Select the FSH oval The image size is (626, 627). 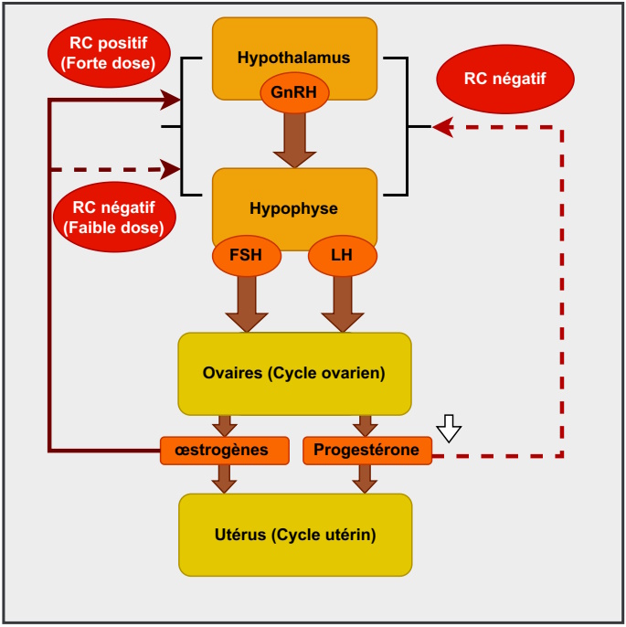click(x=246, y=255)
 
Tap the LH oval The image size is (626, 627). click(x=342, y=255)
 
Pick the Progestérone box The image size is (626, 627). click(x=366, y=450)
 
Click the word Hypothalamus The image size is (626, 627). click(x=293, y=58)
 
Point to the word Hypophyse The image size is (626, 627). click(x=293, y=208)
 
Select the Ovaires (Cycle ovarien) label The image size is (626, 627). click(x=293, y=373)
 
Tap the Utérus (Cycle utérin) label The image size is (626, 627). click(x=293, y=535)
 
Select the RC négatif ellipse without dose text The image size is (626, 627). click(x=504, y=79)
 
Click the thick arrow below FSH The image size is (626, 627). click(x=247, y=304)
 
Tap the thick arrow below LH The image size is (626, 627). click(x=343, y=304)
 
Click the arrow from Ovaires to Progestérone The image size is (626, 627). click(x=366, y=426)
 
